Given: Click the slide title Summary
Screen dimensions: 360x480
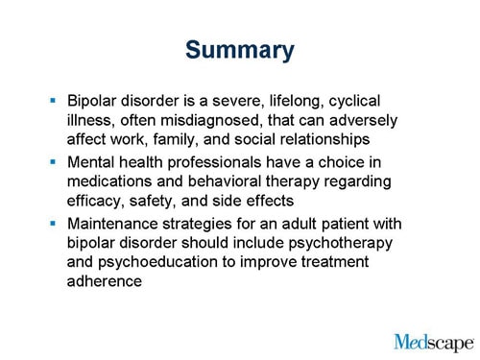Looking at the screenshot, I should (x=240, y=50).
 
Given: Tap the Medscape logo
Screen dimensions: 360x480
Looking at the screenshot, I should (x=433, y=342).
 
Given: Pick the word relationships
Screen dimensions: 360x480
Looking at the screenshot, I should (x=325, y=139).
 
